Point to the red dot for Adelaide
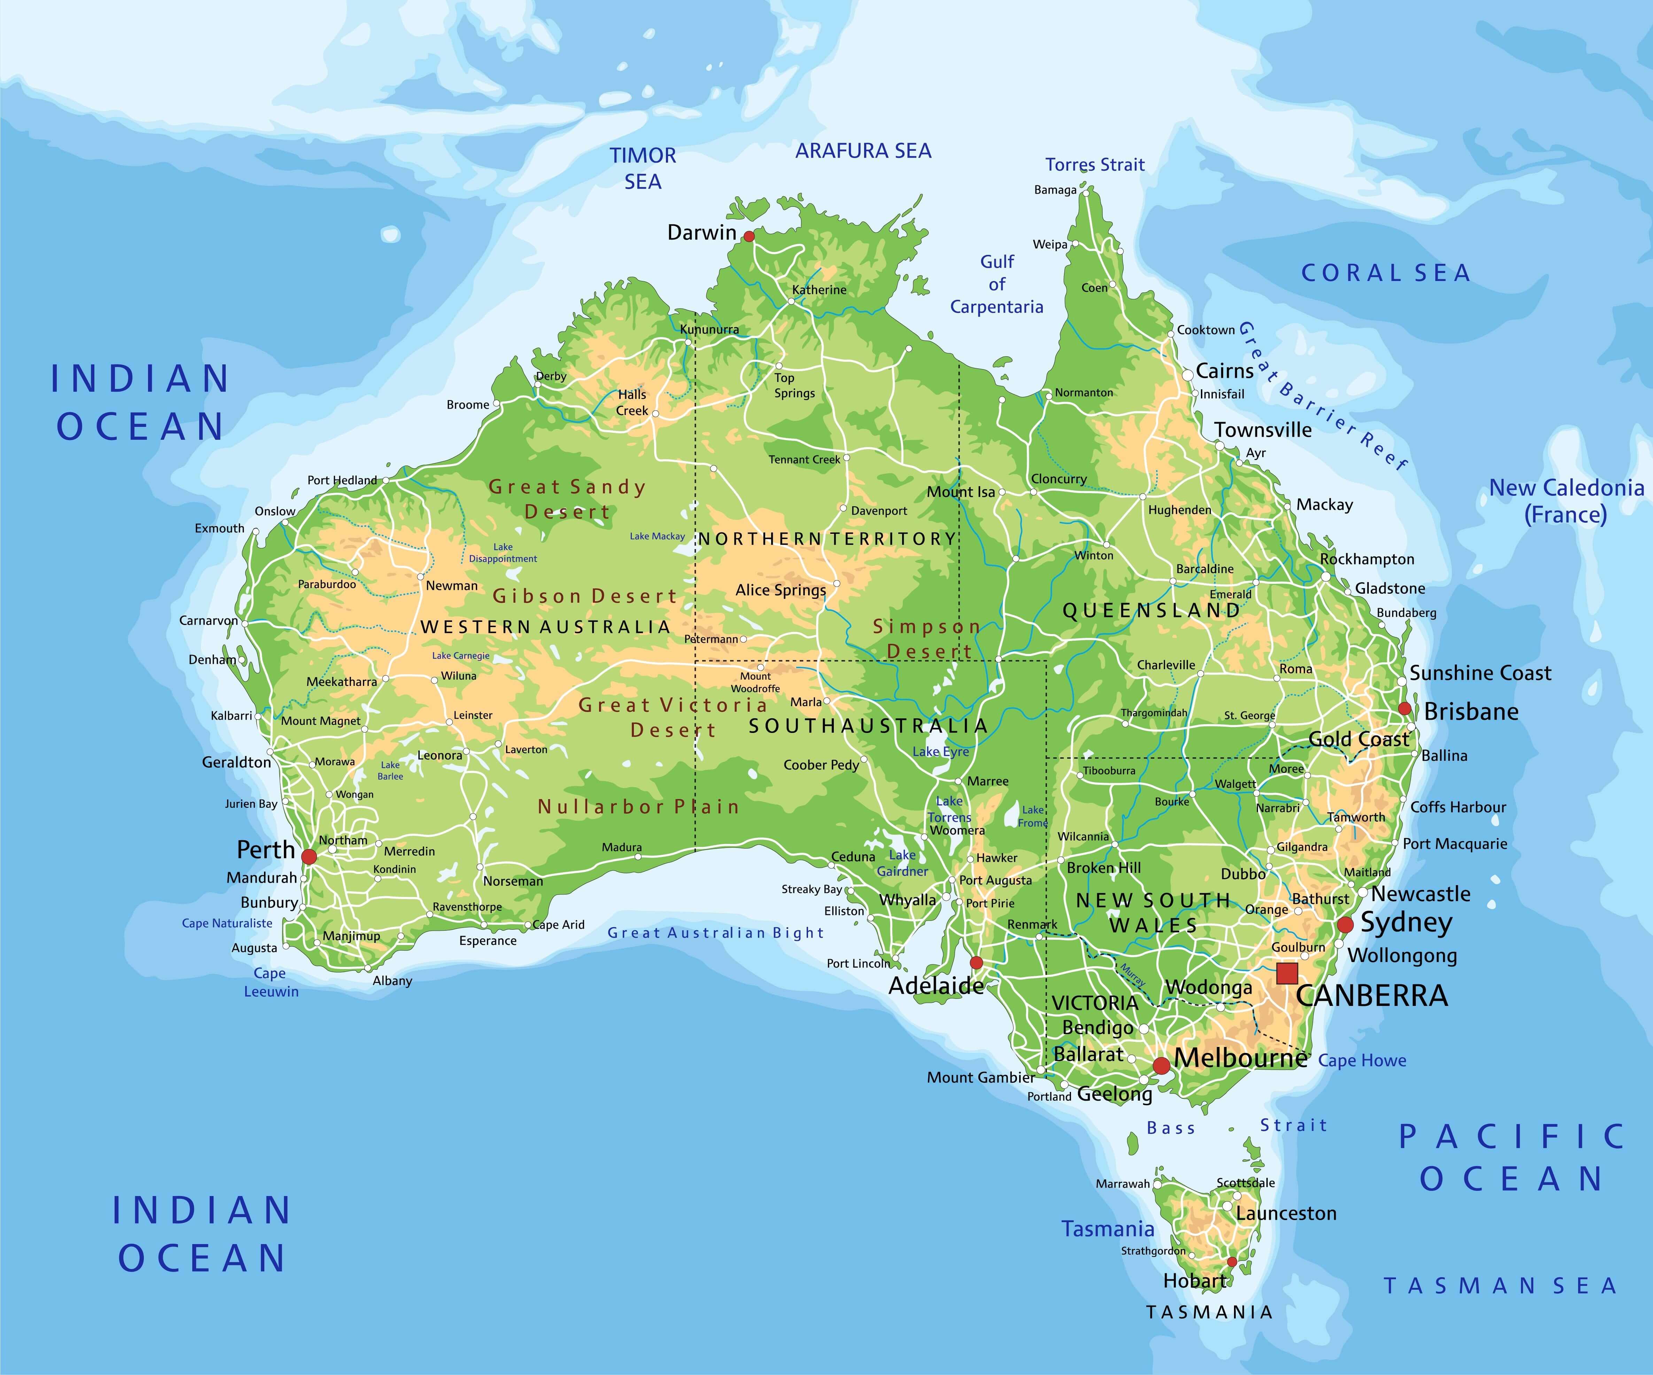[976, 963]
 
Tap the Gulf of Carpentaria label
[996, 284]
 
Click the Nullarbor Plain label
[638, 807]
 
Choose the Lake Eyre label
[941, 752]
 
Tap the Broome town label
[467, 405]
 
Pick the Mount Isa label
[960, 492]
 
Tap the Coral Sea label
[1386, 273]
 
